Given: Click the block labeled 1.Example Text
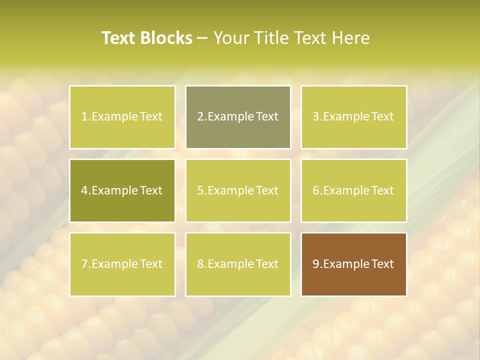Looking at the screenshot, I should coord(122,117).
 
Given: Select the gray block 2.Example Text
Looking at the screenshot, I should coord(237,117).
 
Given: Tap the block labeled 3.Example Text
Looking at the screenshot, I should coord(353,117).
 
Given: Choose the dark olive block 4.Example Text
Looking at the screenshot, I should coord(122,190).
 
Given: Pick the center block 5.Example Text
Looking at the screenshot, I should coord(237,190).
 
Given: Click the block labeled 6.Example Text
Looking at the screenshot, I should coord(353,190).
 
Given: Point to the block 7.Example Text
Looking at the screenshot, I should coord(122,264).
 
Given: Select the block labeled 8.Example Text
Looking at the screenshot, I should coord(237,264).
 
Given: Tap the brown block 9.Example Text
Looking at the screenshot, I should coord(353,264).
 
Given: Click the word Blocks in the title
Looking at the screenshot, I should coord(167,38).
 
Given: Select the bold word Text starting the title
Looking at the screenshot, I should coord(119,38).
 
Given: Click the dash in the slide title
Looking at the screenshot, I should coord(203,38).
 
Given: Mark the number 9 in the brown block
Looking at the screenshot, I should coord(316,264).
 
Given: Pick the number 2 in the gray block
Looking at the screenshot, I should coord(200,117).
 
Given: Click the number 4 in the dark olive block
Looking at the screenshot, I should coord(84,190).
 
